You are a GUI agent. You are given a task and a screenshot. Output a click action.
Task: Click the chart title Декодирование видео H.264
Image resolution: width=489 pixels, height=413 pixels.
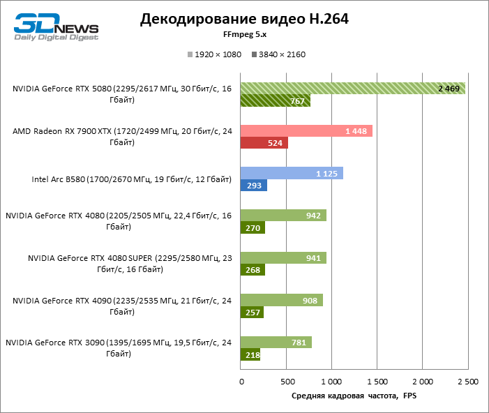click(x=244, y=19)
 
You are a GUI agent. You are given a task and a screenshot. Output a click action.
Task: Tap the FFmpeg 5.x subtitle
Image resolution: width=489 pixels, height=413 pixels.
click(x=243, y=33)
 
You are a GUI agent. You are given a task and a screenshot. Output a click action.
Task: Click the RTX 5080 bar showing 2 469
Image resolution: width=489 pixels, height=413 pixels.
click(x=352, y=88)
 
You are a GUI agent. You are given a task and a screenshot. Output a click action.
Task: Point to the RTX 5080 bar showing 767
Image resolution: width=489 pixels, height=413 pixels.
click(x=275, y=100)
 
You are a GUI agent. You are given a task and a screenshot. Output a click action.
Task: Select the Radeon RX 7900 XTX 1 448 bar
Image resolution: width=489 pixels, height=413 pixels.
click(x=306, y=131)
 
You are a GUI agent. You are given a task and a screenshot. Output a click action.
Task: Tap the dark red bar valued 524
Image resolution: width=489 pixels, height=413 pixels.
click(x=264, y=143)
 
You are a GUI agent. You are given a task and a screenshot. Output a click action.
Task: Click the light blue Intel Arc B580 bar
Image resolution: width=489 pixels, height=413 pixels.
click(x=292, y=174)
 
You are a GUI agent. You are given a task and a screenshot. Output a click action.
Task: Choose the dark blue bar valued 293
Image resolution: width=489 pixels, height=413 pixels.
click(x=254, y=186)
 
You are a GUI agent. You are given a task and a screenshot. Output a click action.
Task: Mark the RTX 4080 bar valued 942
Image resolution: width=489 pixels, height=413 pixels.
click(x=283, y=216)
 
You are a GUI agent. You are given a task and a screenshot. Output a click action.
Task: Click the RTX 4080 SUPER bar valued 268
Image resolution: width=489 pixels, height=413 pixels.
click(x=253, y=270)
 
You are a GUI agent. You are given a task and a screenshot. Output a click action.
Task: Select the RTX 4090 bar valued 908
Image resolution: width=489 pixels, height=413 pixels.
click(x=282, y=300)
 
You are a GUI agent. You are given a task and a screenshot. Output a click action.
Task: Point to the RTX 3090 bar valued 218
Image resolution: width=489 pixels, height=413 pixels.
click(x=250, y=354)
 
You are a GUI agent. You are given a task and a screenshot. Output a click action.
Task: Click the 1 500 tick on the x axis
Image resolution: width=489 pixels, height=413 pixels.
click(x=376, y=382)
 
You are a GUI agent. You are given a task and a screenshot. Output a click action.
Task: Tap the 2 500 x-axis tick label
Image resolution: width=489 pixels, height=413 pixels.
click(x=467, y=382)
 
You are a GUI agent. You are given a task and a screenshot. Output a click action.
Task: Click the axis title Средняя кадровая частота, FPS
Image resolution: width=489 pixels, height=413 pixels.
click(x=353, y=396)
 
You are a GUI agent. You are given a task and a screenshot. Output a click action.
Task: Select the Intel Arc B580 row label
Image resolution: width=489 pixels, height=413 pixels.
click(x=131, y=180)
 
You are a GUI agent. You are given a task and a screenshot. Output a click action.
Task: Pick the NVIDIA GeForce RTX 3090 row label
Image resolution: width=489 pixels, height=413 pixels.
click(x=118, y=348)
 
